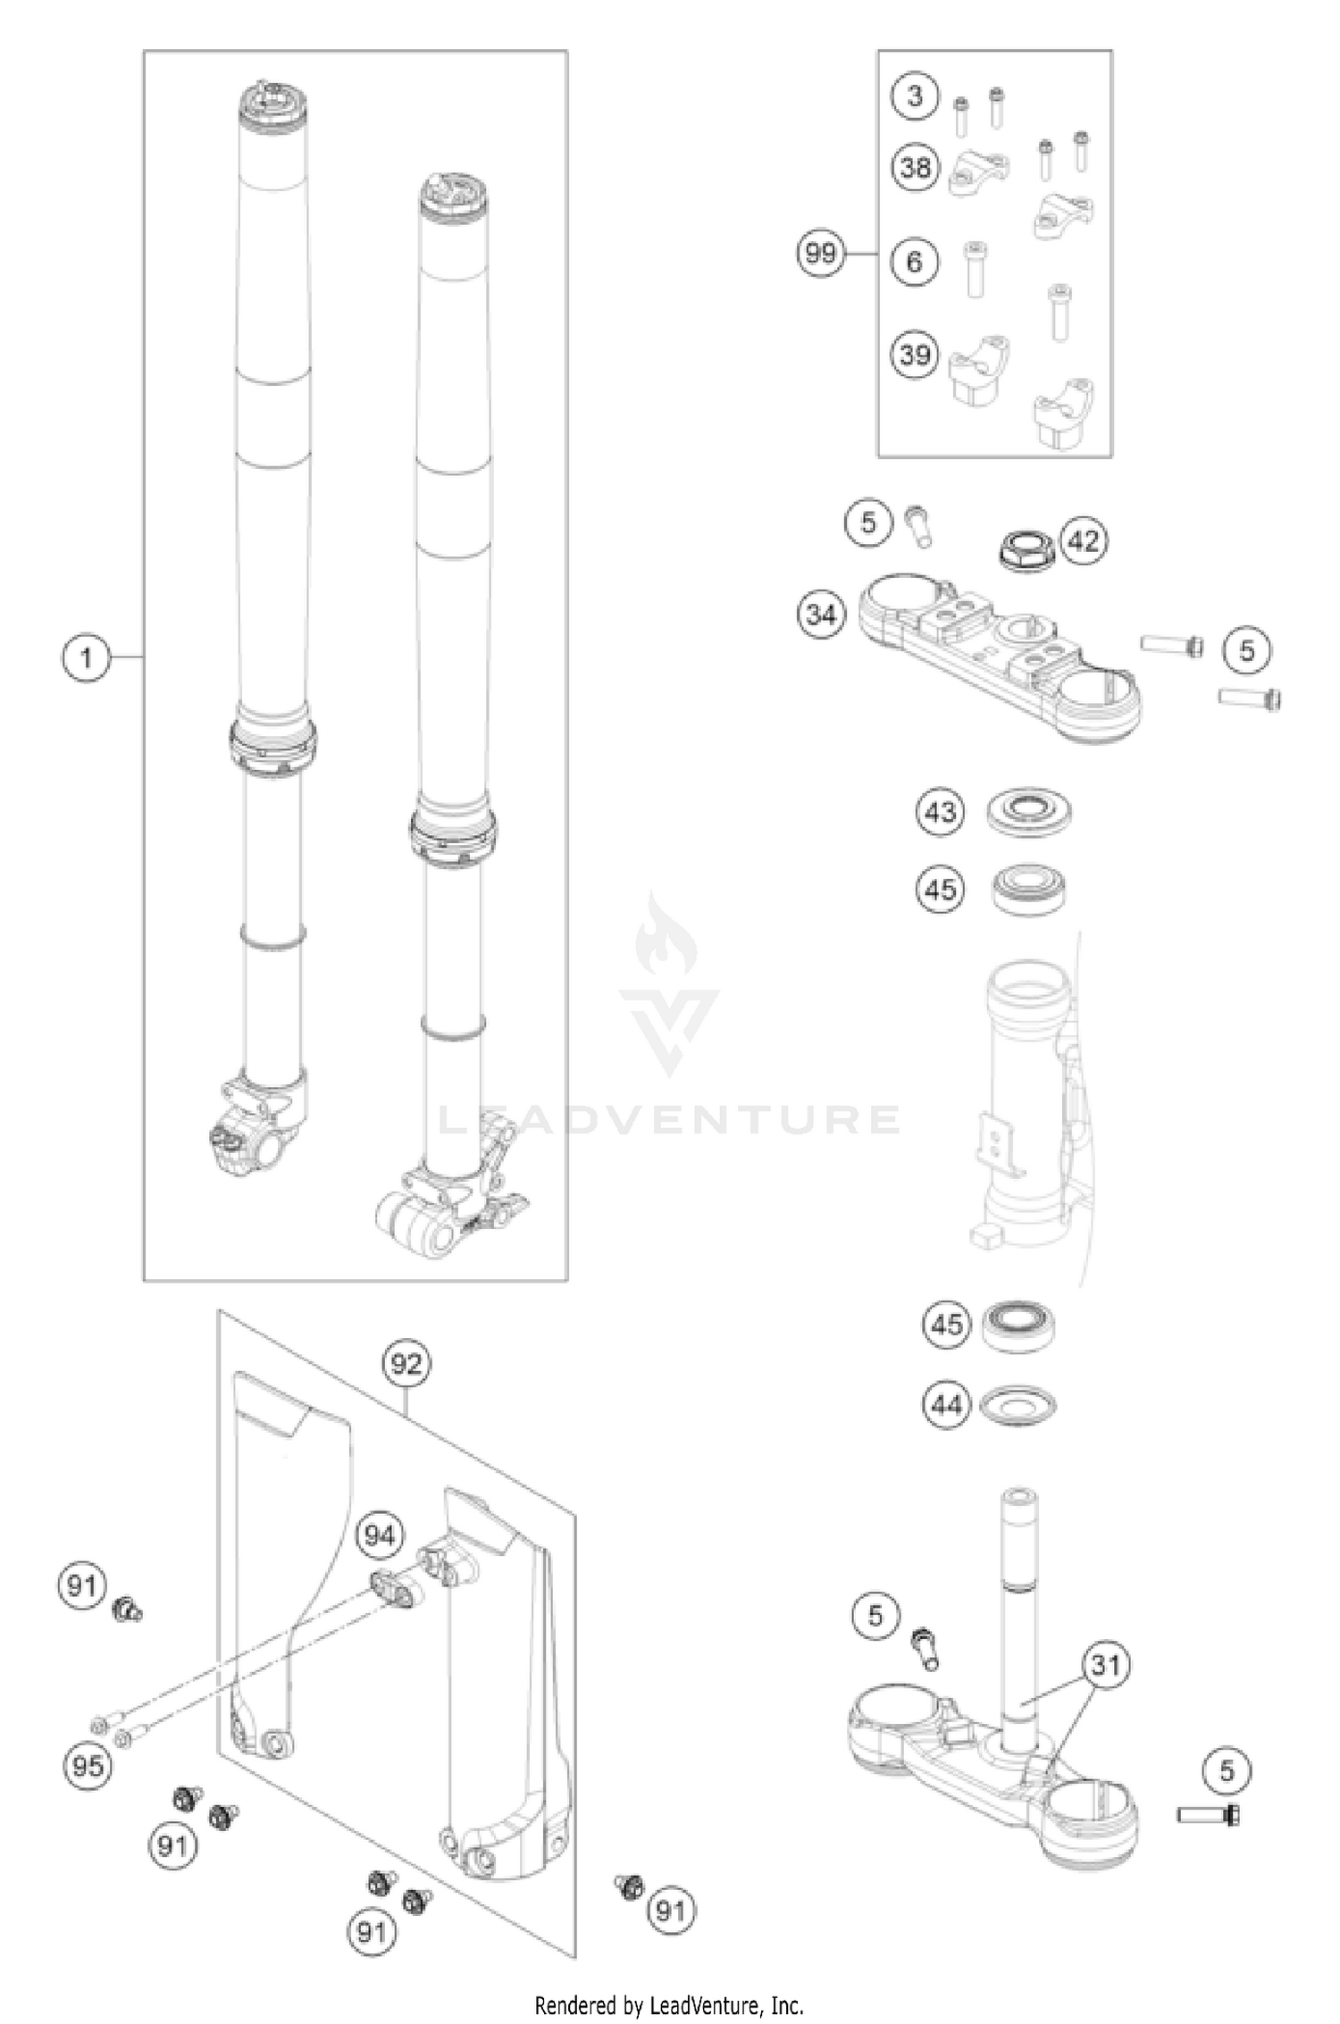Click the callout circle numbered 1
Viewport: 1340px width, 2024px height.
[86, 658]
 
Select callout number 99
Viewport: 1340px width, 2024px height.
[820, 254]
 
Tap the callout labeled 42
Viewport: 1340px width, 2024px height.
[1083, 541]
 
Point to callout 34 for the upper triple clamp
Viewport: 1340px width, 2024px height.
[821, 615]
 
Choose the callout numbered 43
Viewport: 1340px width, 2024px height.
[940, 812]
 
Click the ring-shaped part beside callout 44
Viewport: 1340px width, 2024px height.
[1018, 1406]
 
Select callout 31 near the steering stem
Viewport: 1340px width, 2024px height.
[1106, 1665]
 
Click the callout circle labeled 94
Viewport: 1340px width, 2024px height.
[379, 1535]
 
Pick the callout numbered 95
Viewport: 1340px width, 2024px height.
[88, 1766]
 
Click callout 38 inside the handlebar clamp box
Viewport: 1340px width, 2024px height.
[915, 167]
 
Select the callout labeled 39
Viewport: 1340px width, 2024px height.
[915, 355]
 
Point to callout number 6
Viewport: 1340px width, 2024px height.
[914, 262]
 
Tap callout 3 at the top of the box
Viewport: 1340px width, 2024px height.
[914, 96]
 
